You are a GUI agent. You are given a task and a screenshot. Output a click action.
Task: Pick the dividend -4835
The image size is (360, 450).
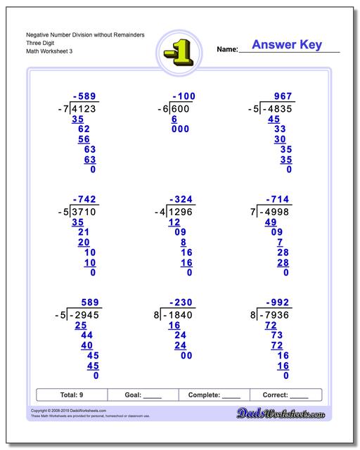tap(277, 109)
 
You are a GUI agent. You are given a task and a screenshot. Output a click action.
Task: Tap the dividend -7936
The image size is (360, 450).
tap(277, 315)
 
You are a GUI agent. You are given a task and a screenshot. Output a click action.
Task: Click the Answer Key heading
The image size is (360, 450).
tap(287, 45)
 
